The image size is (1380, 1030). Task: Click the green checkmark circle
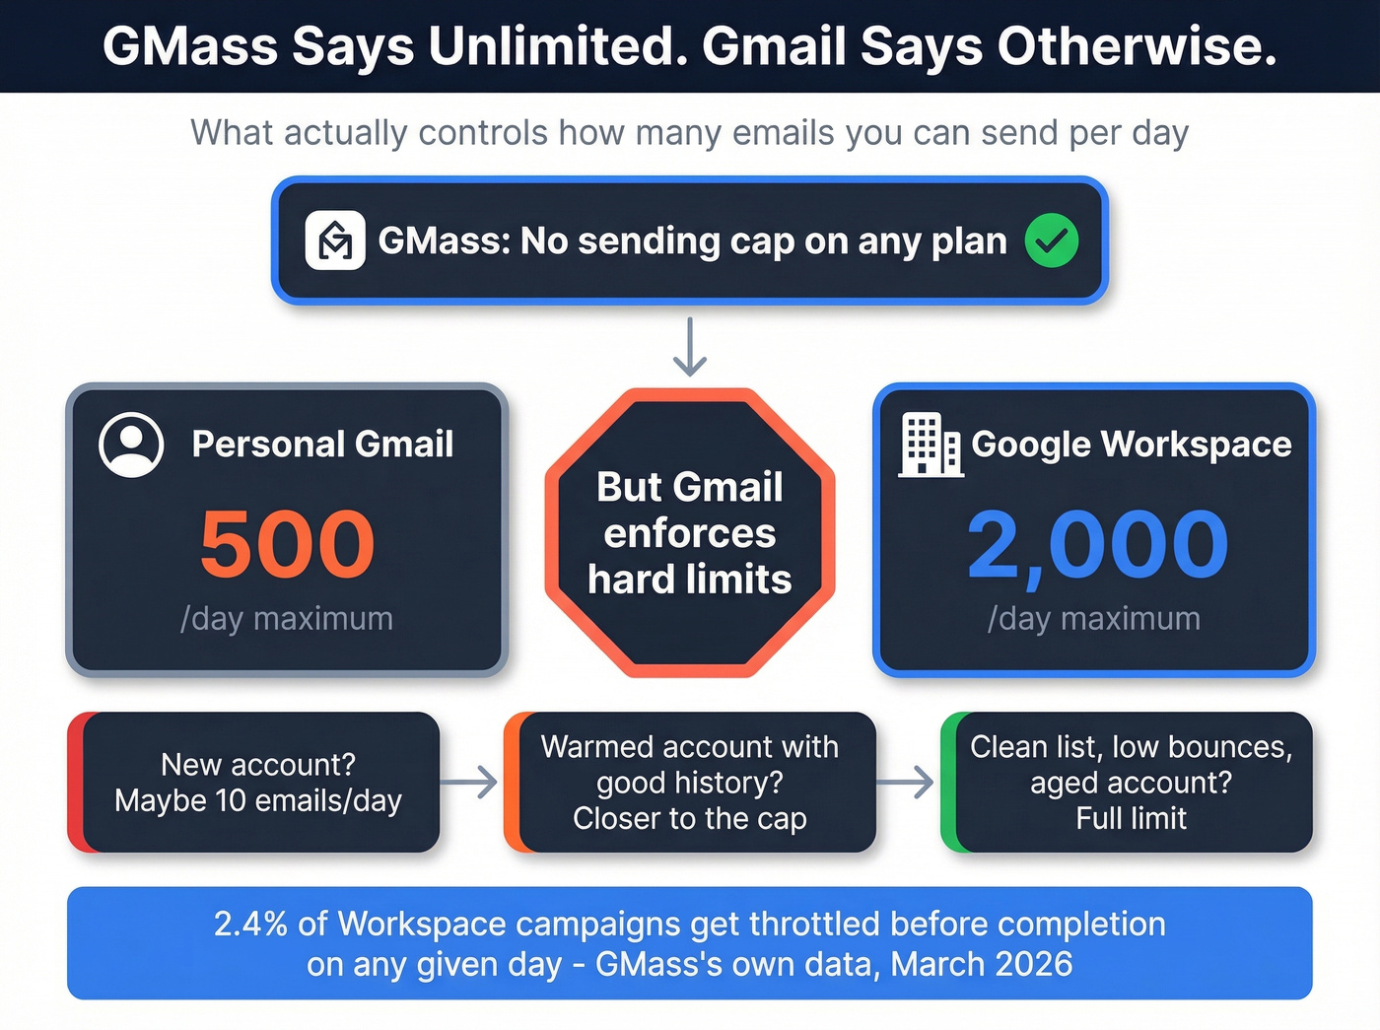[x=1051, y=240]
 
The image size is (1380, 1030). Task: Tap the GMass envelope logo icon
[x=335, y=240]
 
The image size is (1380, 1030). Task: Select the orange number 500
[x=287, y=544]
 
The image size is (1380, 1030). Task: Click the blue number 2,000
[x=1097, y=544]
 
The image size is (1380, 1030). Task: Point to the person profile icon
[x=131, y=445]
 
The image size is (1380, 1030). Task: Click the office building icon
[x=930, y=445]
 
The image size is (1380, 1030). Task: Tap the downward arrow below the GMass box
[x=690, y=347]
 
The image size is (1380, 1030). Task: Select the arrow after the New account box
[x=469, y=783]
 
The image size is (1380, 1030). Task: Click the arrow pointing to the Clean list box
[x=905, y=783]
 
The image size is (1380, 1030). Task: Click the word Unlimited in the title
[x=558, y=46]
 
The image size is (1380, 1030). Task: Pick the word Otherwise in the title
[x=1137, y=46]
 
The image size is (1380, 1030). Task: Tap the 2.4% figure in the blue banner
[x=250, y=924]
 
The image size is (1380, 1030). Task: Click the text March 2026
[x=982, y=964]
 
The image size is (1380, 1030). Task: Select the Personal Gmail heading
[x=322, y=445]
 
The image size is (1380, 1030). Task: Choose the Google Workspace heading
[x=1131, y=445]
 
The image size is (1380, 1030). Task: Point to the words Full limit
[x=1131, y=818]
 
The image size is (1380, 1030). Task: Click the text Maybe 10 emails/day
[x=258, y=800]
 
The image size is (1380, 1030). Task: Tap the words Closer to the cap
[x=690, y=818]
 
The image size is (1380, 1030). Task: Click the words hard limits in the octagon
[x=690, y=580]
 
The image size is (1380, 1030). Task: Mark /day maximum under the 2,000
[x=1094, y=619]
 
